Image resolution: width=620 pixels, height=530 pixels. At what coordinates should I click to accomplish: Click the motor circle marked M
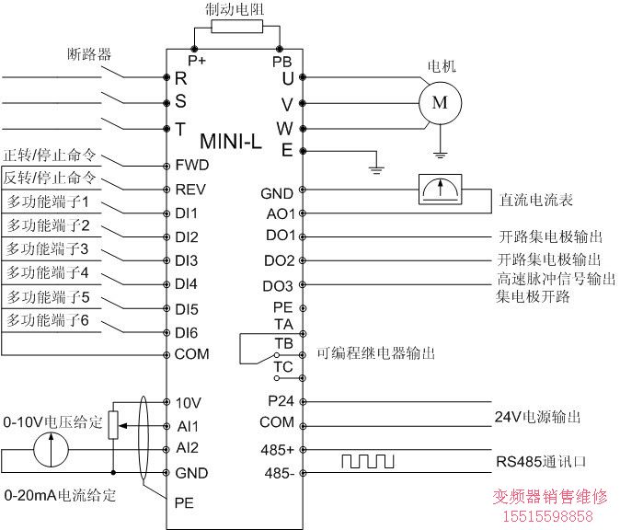click(439, 102)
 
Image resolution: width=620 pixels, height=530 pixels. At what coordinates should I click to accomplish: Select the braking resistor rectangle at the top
click(236, 27)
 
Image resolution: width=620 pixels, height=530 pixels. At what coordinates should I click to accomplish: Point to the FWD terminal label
click(191, 166)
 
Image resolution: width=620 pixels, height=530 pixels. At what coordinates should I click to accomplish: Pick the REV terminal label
click(190, 190)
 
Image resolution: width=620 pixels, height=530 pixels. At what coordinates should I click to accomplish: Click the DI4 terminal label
click(186, 283)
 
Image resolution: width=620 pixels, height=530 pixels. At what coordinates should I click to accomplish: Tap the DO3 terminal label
click(278, 285)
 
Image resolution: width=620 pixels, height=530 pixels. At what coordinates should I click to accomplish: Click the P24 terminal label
click(280, 401)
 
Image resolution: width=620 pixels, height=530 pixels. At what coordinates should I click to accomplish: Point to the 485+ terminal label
click(278, 450)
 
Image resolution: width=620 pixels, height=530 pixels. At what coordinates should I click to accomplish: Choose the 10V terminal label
click(187, 403)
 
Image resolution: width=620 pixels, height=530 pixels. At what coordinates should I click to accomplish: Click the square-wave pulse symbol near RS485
click(368, 460)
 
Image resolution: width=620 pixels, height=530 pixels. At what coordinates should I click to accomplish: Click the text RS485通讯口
click(534, 460)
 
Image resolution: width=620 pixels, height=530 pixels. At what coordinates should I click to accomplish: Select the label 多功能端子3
click(48, 248)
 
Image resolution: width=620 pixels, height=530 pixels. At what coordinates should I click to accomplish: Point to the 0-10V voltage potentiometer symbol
click(112, 425)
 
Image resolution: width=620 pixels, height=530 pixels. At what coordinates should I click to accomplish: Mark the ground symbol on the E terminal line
click(374, 167)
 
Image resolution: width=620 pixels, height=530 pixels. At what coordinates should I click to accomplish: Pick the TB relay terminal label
click(282, 343)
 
